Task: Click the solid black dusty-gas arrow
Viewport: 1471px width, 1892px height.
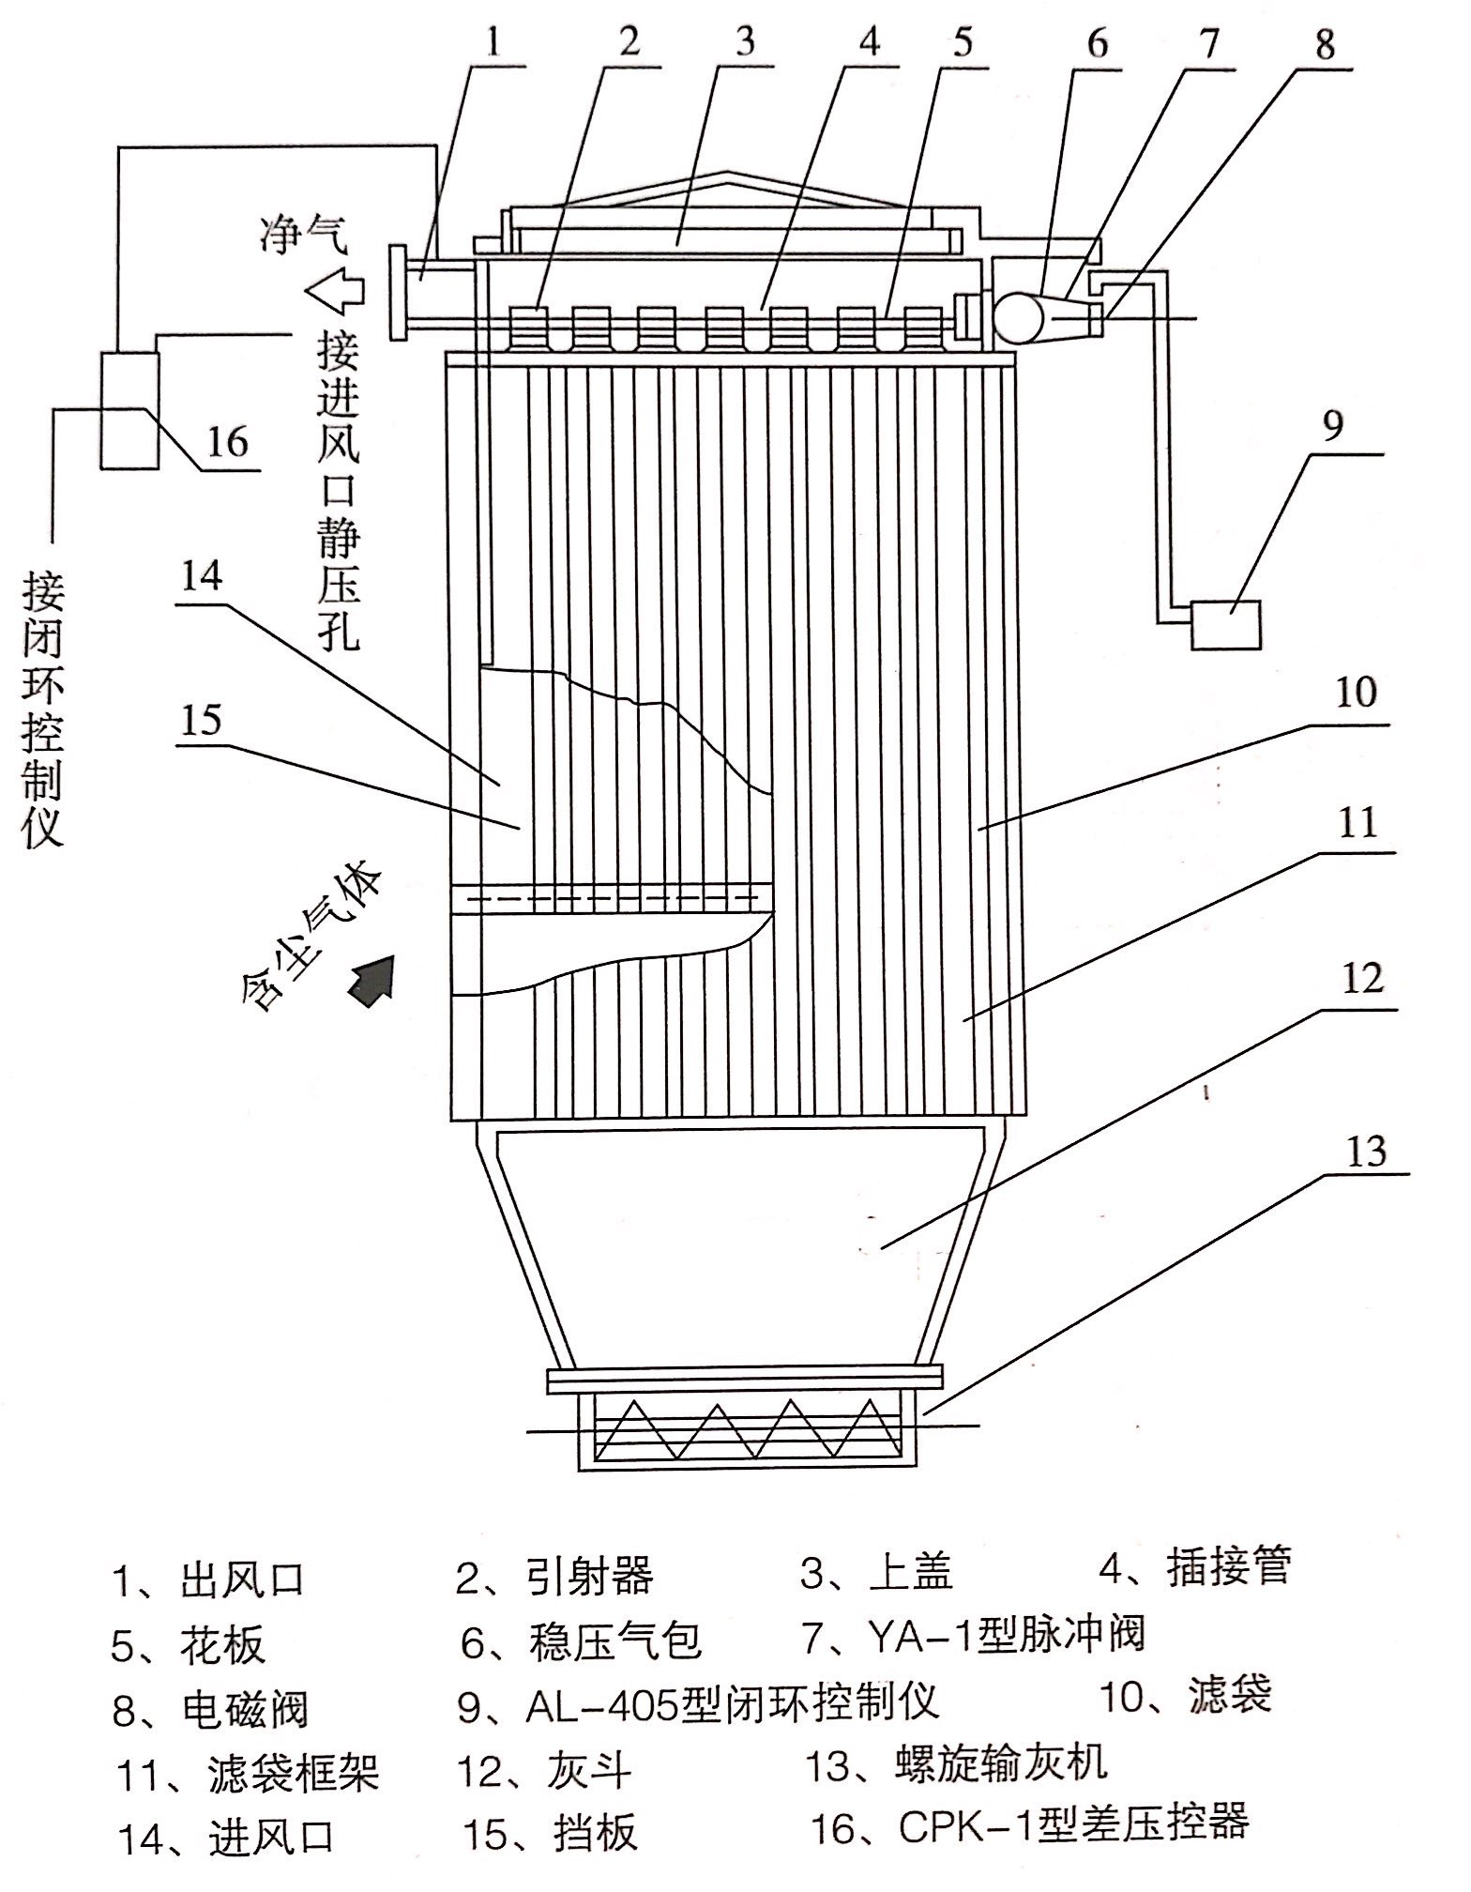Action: tap(372, 979)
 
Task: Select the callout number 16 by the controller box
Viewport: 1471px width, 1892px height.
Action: tap(226, 442)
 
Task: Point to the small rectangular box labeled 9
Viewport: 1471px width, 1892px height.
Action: tap(1224, 626)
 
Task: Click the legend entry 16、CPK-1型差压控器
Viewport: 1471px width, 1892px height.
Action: tap(1029, 1824)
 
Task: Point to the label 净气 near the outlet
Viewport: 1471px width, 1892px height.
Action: tap(303, 234)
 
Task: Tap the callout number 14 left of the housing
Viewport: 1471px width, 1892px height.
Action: tap(202, 576)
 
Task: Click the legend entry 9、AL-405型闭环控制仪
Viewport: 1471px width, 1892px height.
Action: tap(698, 1702)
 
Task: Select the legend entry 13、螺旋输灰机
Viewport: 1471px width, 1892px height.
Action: tap(957, 1763)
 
